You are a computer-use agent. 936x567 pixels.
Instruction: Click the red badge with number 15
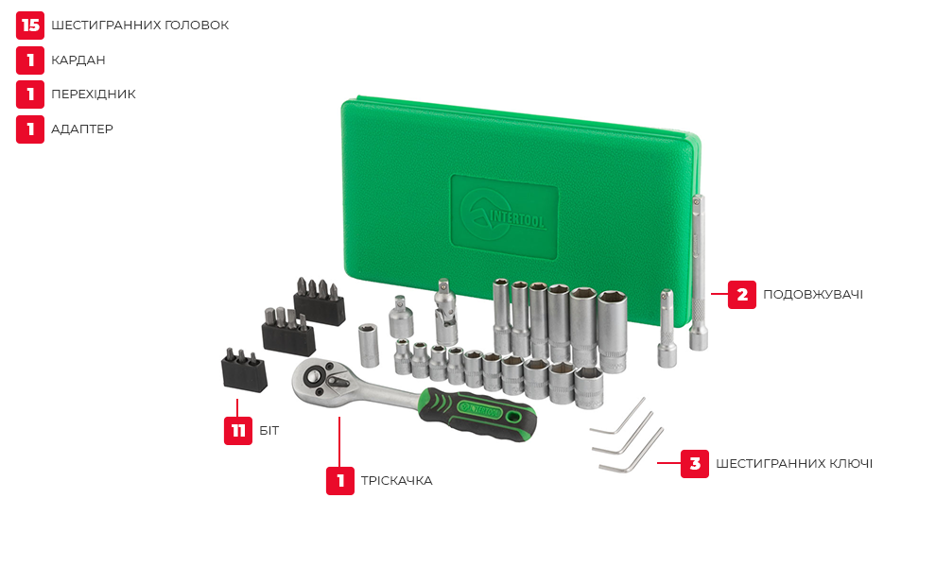pyautogui.click(x=30, y=26)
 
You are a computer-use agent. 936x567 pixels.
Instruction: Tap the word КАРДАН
pyautogui.click(x=78, y=60)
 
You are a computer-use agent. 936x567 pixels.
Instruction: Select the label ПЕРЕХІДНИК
pyautogui.click(x=94, y=94)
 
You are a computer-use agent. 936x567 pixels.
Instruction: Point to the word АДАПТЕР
pyautogui.click(x=82, y=129)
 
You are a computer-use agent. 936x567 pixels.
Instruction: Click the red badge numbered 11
pyautogui.click(x=238, y=430)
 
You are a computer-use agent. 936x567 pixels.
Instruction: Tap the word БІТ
pyautogui.click(x=269, y=430)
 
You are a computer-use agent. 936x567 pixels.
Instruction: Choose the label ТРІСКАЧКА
pyautogui.click(x=396, y=480)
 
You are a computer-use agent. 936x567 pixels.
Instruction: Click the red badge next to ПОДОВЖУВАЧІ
pyautogui.click(x=742, y=295)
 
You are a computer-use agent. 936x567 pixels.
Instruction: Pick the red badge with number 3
pyautogui.click(x=695, y=464)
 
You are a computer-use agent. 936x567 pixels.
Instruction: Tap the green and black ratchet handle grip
pyautogui.click(x=477, y=414)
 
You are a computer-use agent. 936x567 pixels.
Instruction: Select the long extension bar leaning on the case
pyautogui.click(x=699, y=271)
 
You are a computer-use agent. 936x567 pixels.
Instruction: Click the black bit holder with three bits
pyautogui.click(x=244, y=370)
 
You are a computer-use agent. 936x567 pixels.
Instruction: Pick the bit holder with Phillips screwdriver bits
pyautogui.click(x=320, y=302)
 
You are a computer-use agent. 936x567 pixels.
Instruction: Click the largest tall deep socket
pyautogui.click(x=613, y=332)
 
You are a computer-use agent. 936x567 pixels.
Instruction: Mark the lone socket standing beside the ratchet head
pyautogui.click(x=369, y=345)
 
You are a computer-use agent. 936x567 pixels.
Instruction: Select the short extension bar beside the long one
pyautogui.click(x=667, y=328)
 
